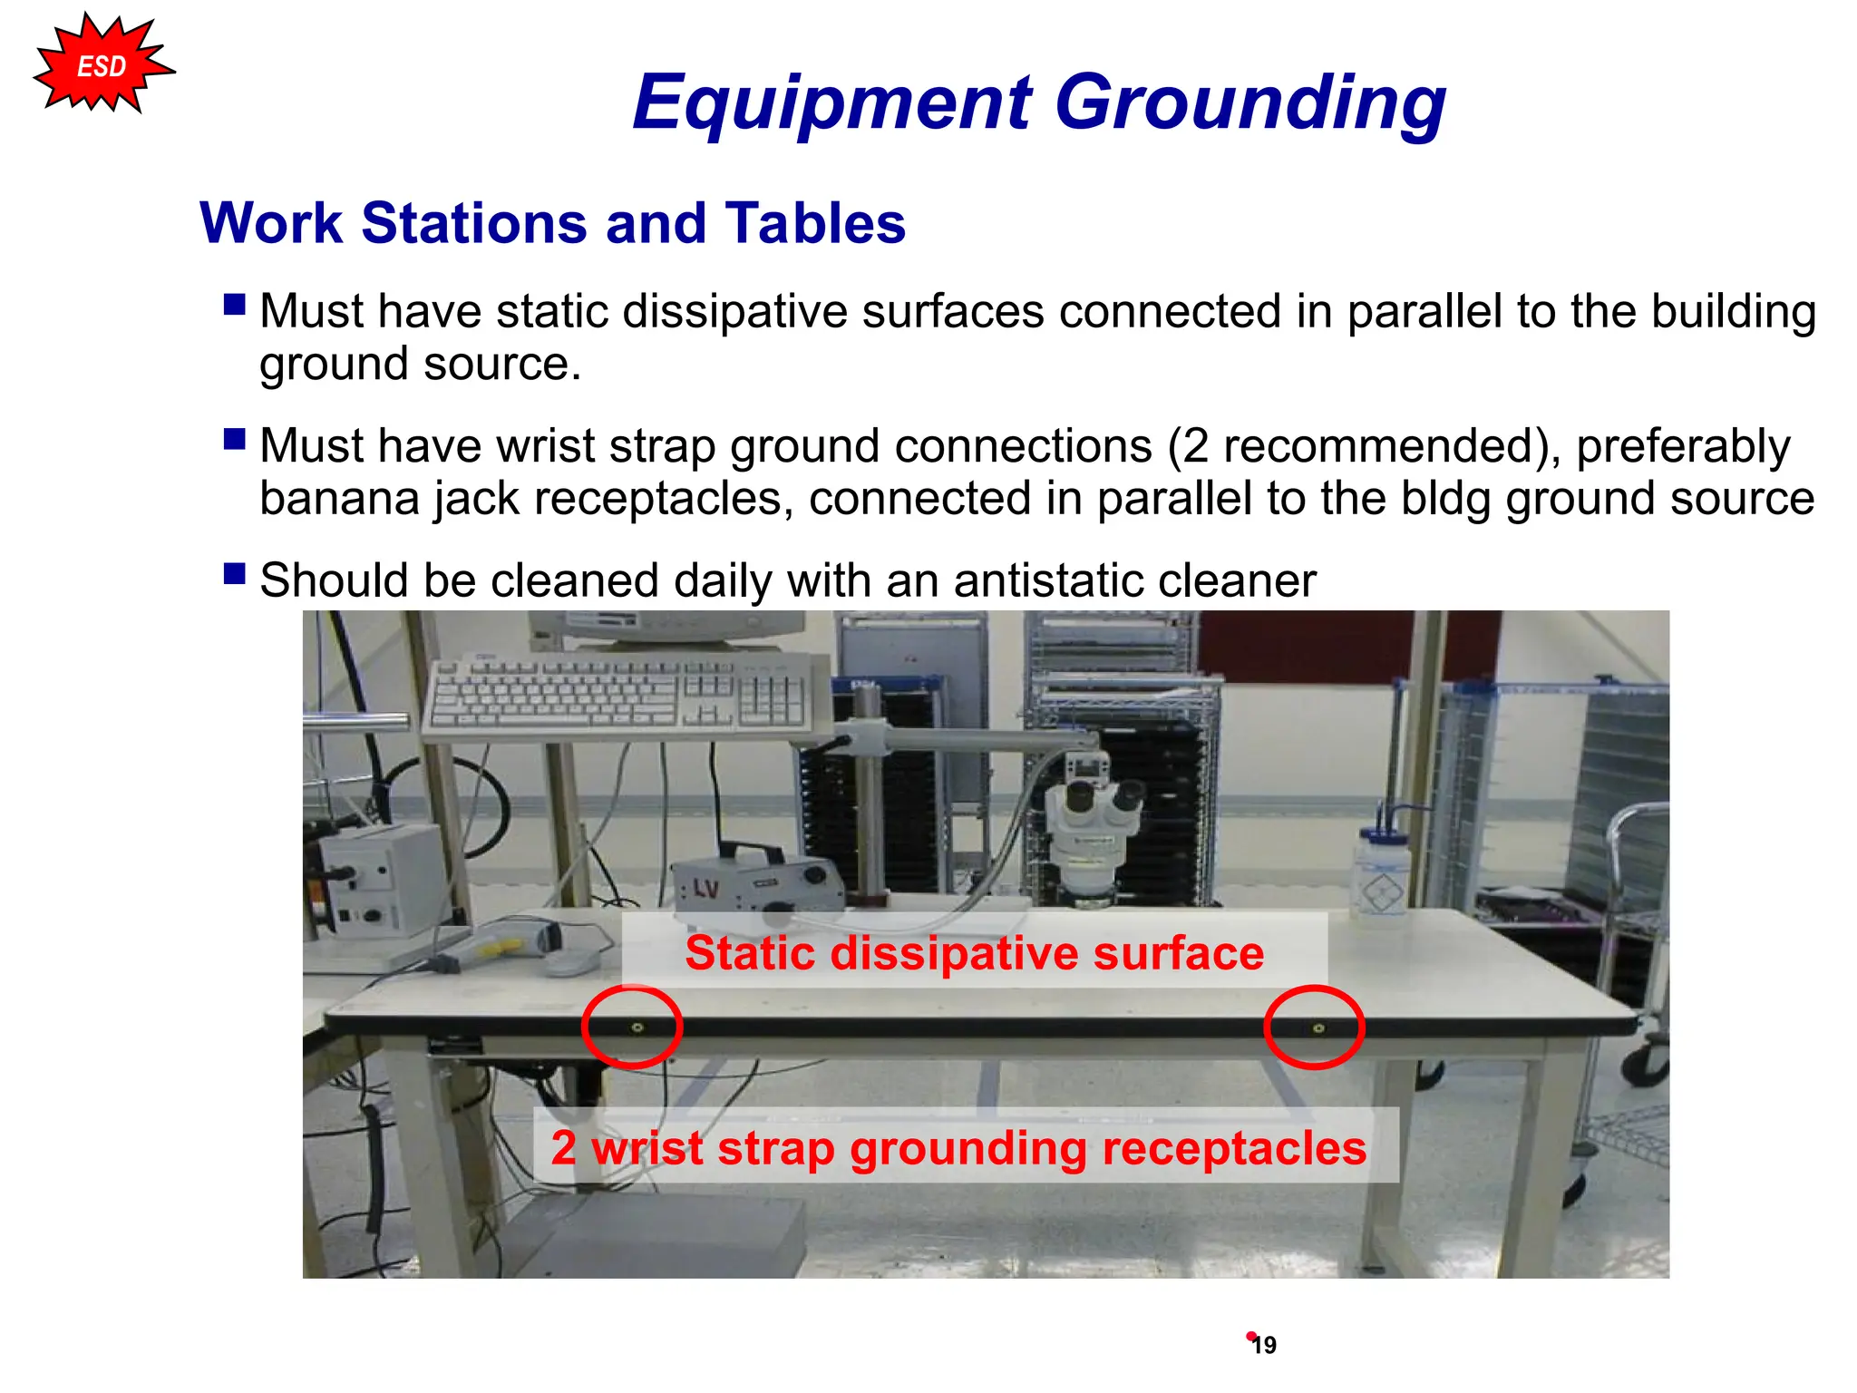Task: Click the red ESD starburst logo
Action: [x=102, y=66]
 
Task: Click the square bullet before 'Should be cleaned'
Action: [x=235, y=574]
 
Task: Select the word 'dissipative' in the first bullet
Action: [x=735, y=311]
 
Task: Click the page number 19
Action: [x=1264, y=1345]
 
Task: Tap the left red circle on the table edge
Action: [x=632, y=1027]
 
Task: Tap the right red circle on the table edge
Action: [x=1314, y=1027]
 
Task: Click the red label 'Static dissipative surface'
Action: [x=974, y=953]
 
